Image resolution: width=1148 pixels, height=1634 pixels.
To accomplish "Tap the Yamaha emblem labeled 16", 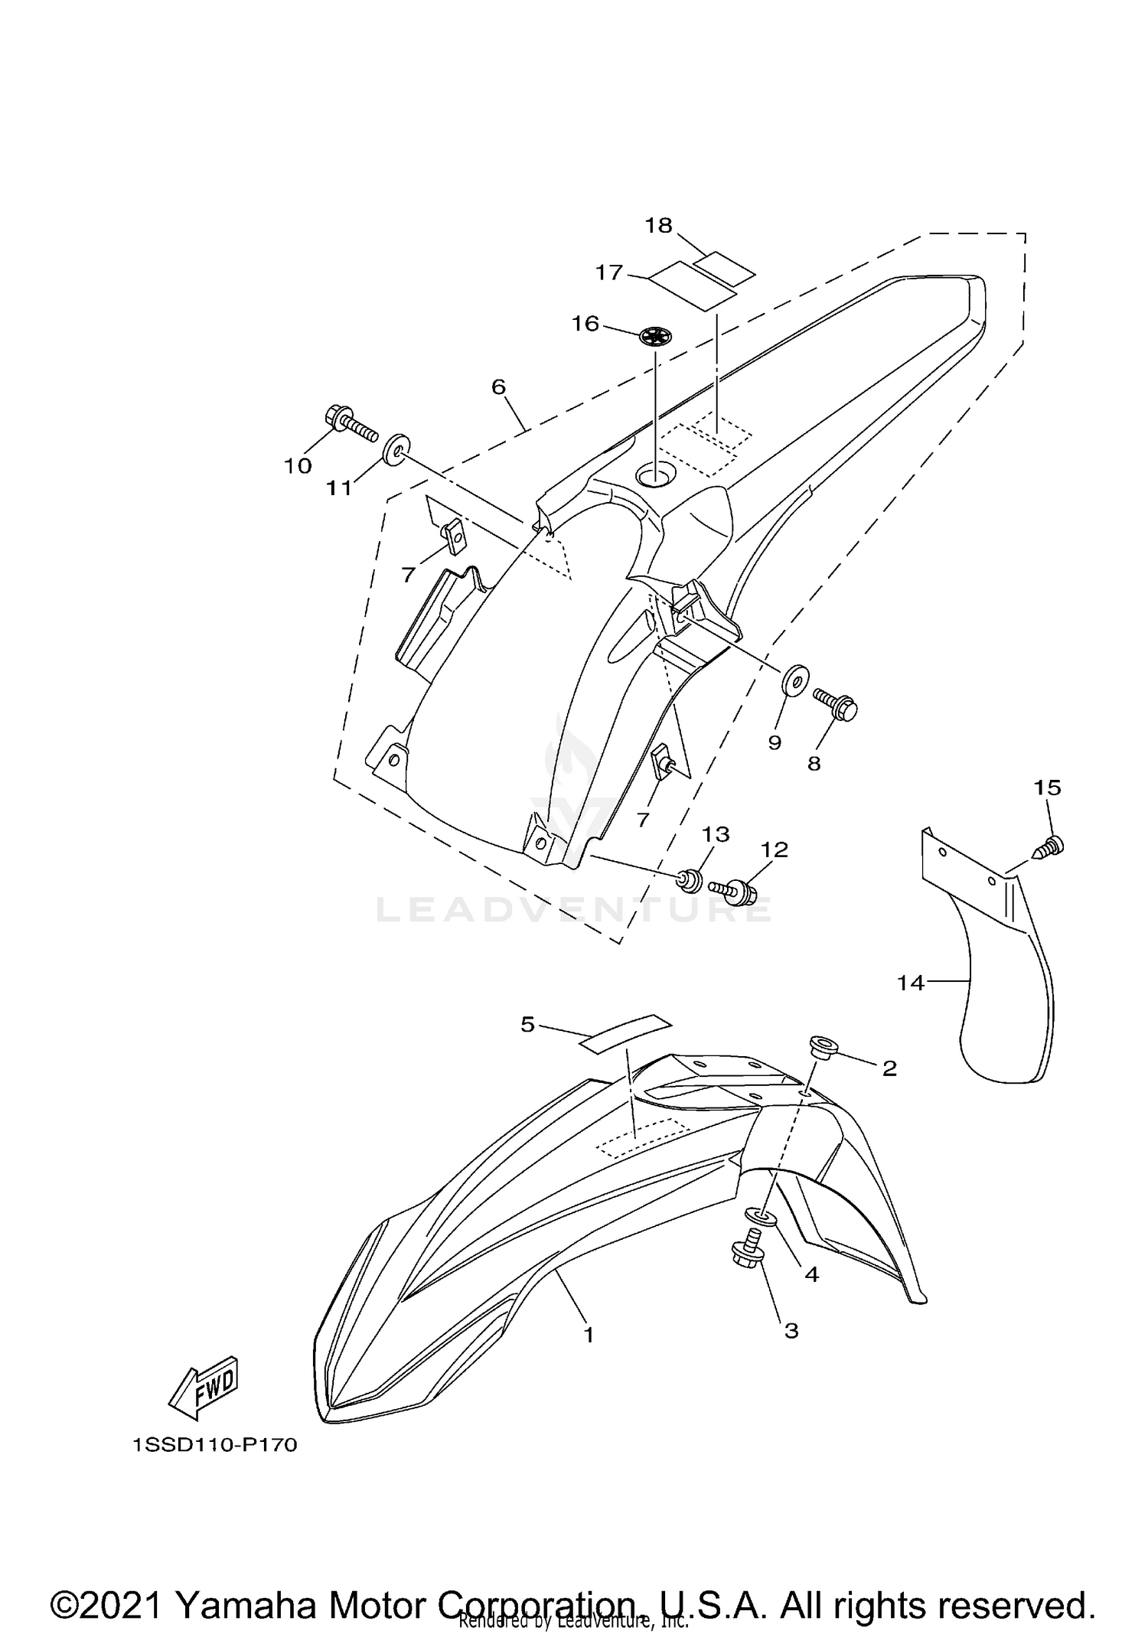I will click(655, 335).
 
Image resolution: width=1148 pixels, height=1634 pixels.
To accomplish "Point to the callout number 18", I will click(658, 225).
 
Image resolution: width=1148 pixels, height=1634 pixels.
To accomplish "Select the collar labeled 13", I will click(691, 880).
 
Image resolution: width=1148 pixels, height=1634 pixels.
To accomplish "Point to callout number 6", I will click(498, 387).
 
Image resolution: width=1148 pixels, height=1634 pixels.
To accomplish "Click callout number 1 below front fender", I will click(589, 1335).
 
